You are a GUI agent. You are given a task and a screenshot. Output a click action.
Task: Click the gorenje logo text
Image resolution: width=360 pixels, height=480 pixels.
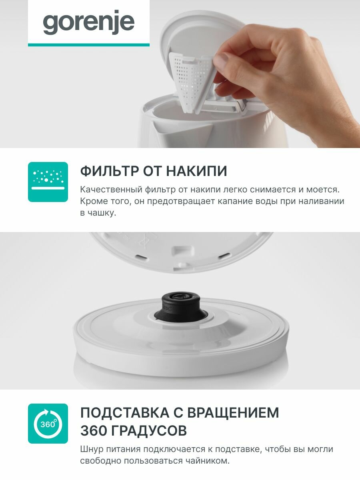click(x=88, y=22)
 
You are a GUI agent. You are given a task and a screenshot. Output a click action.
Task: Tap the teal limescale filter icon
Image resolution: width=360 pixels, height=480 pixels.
click(x=48, y=182)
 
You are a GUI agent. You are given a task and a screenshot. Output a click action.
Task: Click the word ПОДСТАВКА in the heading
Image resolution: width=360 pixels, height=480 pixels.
click(x=124, y=413)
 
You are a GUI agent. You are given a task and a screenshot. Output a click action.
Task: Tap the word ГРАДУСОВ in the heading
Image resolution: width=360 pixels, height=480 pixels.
click(x=149, y=430)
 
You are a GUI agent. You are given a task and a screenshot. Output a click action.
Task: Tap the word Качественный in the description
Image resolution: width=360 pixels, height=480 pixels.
click(x=111, y=190)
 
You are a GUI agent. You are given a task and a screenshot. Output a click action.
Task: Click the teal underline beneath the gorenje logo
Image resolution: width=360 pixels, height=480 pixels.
click(x=89, y=45)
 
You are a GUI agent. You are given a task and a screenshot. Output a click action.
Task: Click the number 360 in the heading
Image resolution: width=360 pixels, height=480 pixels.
click(x=94, y=430)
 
